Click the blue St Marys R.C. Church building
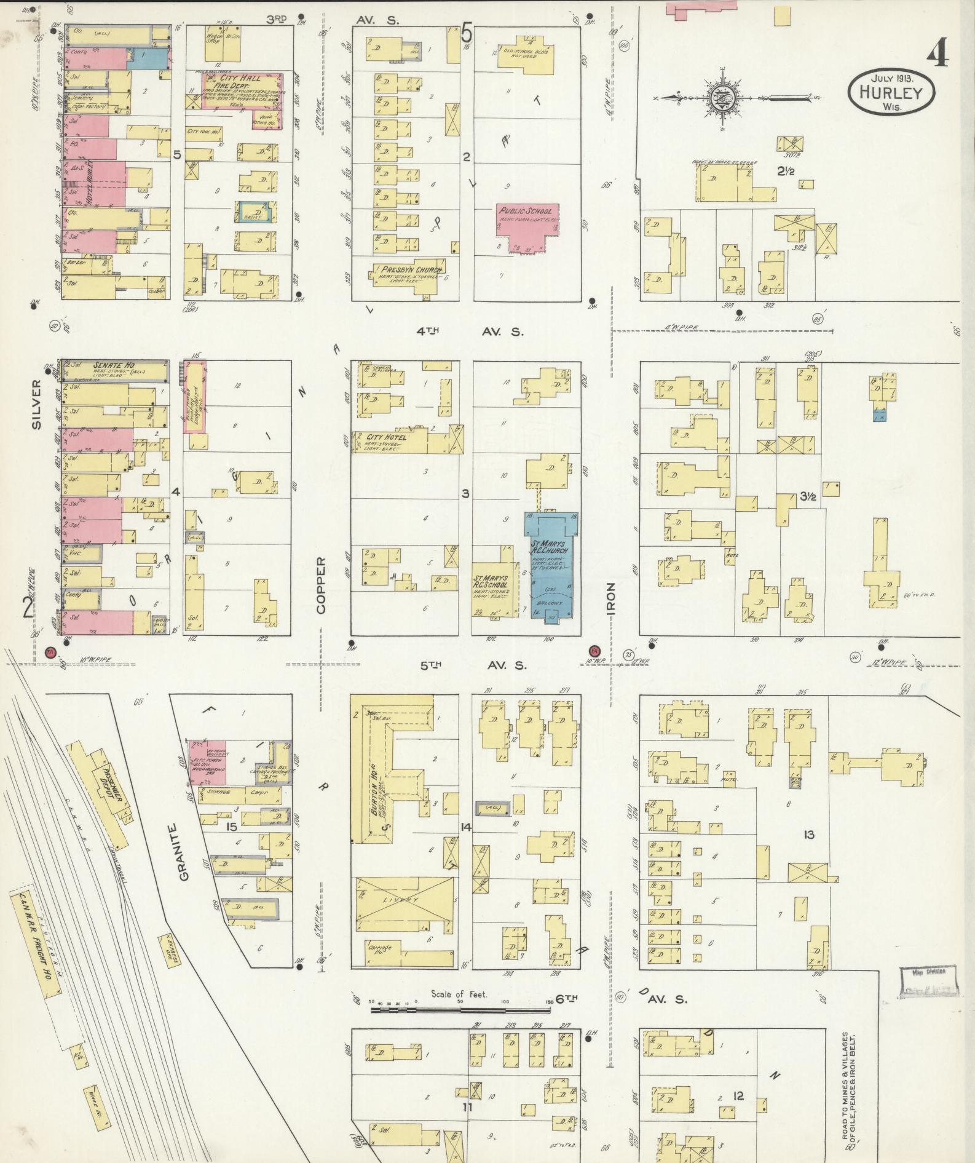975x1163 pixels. (548, 557)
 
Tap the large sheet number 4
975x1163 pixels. (937, 54)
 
